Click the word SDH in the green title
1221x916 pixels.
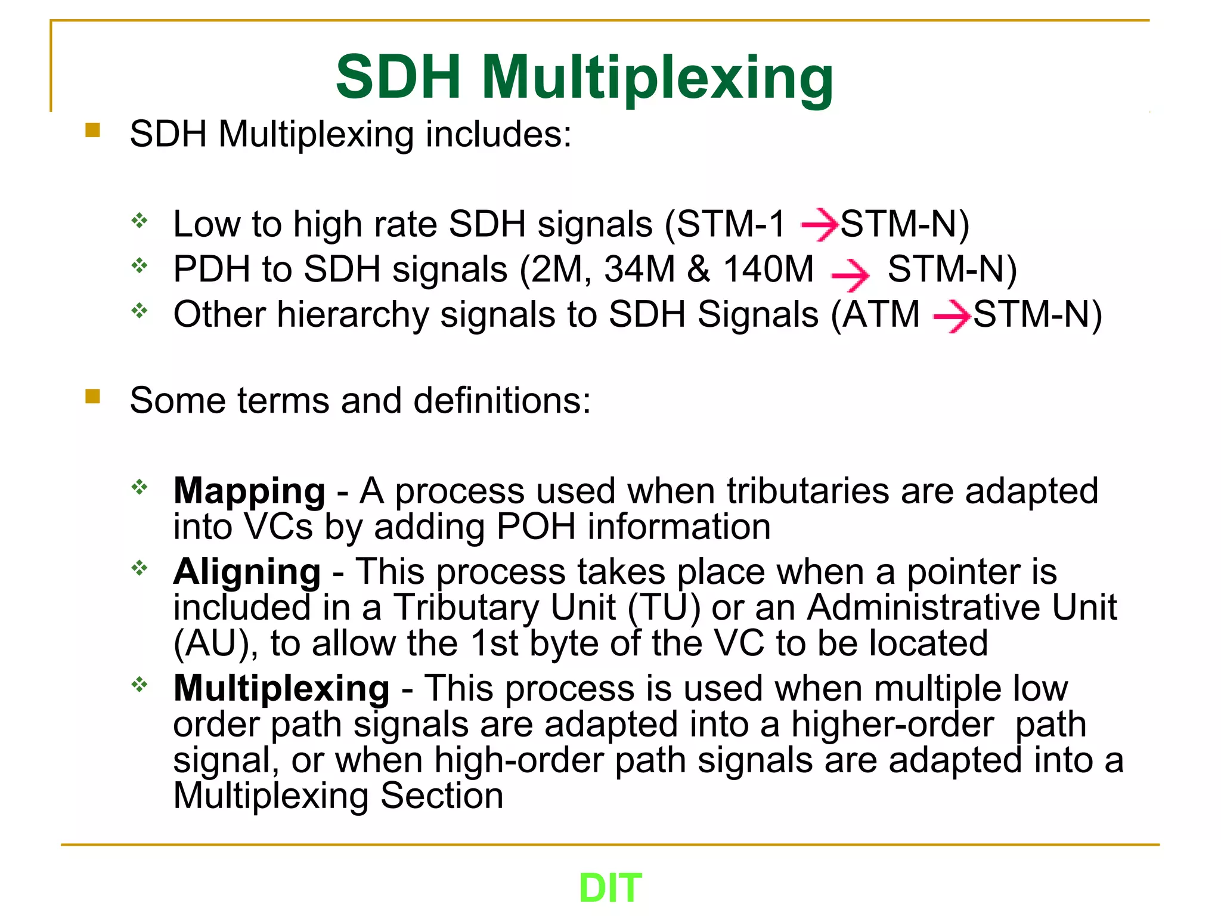pyautogui.click(x=398, y=78)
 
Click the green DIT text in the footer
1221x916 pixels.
pyautogui.click(x=610, y=888)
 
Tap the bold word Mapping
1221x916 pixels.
pyautogui.click(x=249, y=491)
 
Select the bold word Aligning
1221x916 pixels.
pyautogui.click(x=247, y=572)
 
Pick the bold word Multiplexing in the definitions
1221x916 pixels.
pyautogui.click(x=281, y=688)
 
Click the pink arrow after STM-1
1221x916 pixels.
pyautogui.click(x=820, y=225)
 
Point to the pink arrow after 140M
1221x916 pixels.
pyautogui.click(x=850, y=275)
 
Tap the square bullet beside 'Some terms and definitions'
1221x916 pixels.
pyautogui.click(x=92, y=397)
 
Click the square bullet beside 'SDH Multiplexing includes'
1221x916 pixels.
pyautogui.click(x=92, y=130)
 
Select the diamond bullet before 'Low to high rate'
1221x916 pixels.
pyautogui.click(x=140, y=221)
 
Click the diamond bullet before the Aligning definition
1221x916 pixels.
pyautogui.click(x=140, y=568)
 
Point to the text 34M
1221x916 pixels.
pyautogui.click(x=639, y=269)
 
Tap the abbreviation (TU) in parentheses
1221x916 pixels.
pyautogui.click(x=664, y=608)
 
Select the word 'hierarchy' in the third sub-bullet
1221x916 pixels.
pyautogui.click(x=352, y=315)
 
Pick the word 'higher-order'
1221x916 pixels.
pyautogui.click(x=892, y=725)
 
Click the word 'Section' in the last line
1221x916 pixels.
pyautogui.click(x=442, y=796)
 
